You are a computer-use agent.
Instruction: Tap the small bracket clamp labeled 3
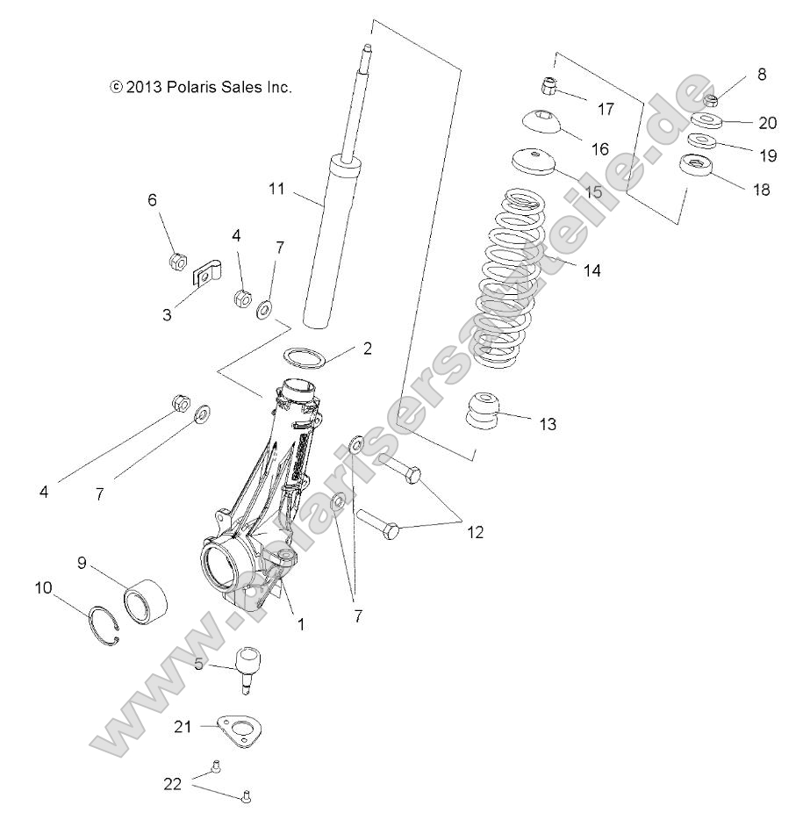(206, 274)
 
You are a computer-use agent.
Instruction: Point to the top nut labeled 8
(712, 99)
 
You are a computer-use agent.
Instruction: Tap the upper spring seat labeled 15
(533, 162)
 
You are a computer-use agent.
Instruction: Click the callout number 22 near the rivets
(173, 783)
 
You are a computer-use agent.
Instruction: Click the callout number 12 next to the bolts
(475, 532)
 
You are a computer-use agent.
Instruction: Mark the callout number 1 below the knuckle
(300, 625)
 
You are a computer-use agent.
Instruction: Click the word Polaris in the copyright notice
(193, 87)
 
